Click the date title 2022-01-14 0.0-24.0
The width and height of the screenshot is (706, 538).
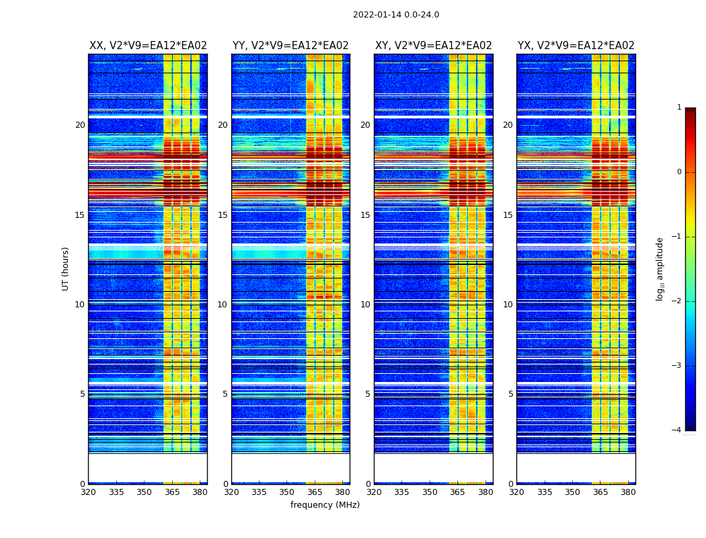tap(396, 15)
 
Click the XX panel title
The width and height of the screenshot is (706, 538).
tap(148, 46)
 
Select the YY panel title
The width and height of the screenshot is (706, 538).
tap(290, 46)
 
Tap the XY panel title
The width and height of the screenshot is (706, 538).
tap(434, 46)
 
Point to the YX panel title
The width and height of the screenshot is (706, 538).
tap(576, 46)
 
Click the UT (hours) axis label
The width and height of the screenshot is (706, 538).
tap(66, 268)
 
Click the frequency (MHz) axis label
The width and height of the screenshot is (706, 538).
tap(325, 505)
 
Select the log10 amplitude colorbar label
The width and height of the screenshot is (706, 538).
tap(660, 268)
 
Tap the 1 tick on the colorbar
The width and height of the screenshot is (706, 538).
tap(679, 108)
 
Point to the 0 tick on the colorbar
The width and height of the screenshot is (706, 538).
tap(679, 172)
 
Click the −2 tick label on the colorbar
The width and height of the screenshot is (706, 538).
tap(678, 301)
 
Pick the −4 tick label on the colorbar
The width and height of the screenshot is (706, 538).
tap(678, 430)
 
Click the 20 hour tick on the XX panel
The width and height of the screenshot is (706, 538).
tap(80, 125)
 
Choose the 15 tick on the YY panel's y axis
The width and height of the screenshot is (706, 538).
tap(223, 215)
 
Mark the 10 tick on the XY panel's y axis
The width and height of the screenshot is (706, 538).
tap(365, 305)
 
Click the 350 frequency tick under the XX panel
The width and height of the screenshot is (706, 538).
tap(145, 492)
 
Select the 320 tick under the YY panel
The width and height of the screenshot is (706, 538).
tap(231, 492)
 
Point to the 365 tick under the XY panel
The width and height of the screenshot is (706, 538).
tap(458, 492)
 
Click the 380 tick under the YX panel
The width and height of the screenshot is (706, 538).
tap(628, 492)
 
